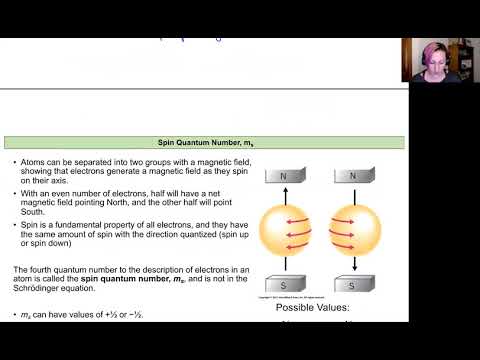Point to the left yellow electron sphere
[287, 230]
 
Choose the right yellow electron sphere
[350, 230]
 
